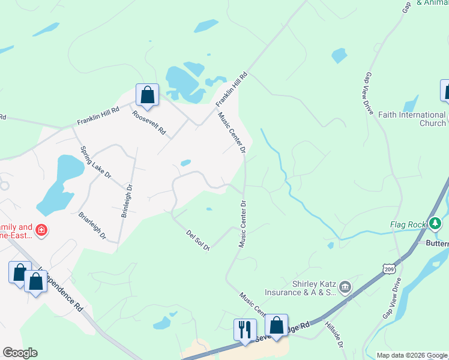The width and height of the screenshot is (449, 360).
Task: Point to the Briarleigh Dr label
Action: click(92, 224)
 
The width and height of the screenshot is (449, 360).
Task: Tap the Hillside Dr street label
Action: click(334, 334)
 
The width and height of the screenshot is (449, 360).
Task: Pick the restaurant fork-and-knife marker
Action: click(245, 329)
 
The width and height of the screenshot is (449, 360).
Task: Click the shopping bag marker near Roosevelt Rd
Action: click(147, 94)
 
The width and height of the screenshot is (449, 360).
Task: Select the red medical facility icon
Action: click(41, 230)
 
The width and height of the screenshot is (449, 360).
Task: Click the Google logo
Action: click(20, 353)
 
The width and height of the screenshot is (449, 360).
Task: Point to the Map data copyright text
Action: click(411, 355)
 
